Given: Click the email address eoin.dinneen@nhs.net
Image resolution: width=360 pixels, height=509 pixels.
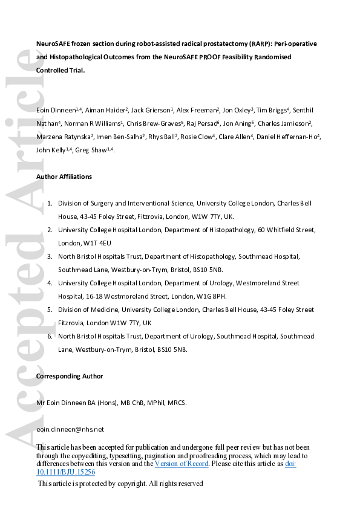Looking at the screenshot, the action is tap(70, 429).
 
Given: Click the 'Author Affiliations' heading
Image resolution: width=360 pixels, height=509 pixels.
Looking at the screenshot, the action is tap(64, 177).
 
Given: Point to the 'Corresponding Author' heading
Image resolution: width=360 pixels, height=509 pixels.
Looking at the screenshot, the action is tap(70, 376).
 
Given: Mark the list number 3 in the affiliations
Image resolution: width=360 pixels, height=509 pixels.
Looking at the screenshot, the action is tap(50, 256).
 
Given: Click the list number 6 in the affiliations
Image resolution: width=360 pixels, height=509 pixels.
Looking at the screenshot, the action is tap(50, 336).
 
